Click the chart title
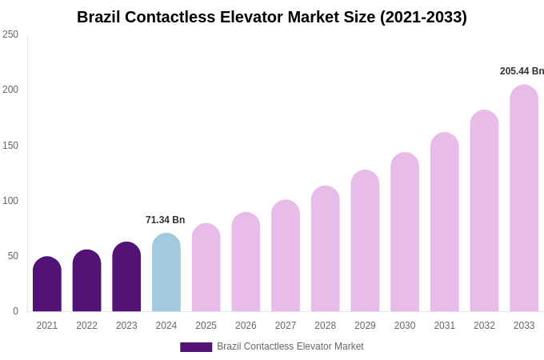point(272,17)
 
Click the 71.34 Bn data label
point(165,220)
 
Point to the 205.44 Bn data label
point(522,71)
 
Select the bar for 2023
point(126,278)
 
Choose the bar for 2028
point(326,250)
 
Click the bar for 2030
point(405,233)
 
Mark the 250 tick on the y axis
point(10,34)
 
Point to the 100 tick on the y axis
point(10,201)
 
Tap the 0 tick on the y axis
point(15,311)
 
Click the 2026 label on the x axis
point(246,326)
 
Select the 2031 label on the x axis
point(445,326)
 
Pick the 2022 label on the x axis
point(86,326)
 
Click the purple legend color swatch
point(196,347)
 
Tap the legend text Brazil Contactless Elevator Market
point(290,346)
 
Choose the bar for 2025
point(206,268)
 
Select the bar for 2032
point(484,211)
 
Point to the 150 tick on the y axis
point(10,146)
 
